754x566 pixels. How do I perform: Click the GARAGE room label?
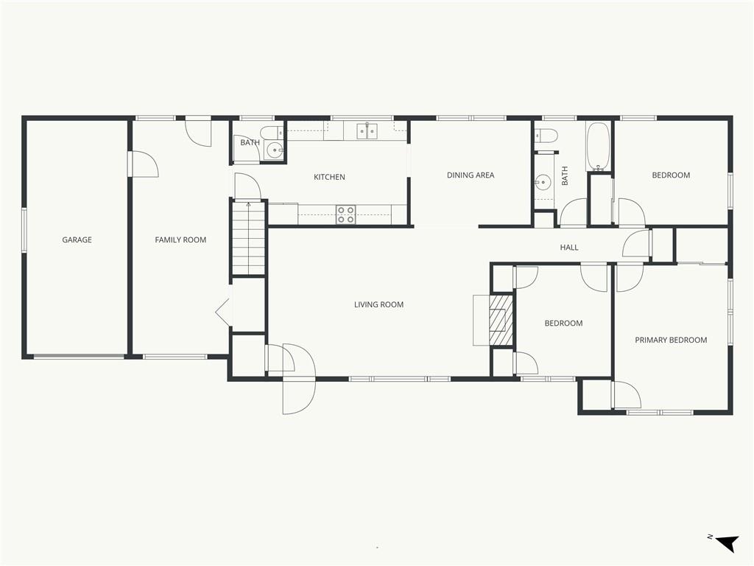click(x=77, y=240)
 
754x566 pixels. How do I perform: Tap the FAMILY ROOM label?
click(x=180, y=240)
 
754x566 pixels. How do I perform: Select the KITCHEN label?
click(x=329, y=177)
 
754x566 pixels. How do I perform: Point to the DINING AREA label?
click(x=471, y=175)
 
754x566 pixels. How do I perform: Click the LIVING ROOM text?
click(x=379, y=304)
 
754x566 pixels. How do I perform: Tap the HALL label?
click(x=569, y=248)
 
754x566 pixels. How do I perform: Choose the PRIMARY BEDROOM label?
click(x=671, y=340)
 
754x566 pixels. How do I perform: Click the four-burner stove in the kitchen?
click(x=346, y=214)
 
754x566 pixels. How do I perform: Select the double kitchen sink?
click(x=367, y=131)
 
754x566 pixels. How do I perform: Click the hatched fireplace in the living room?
click(x=501, y=320)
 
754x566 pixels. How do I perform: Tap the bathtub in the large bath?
click(x=598, y=147)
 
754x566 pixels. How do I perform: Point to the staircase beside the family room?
click(x=249, y=238)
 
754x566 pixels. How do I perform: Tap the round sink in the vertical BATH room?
click(x=543, y=182)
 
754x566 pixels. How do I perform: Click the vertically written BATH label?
click(x=565, y=175)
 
